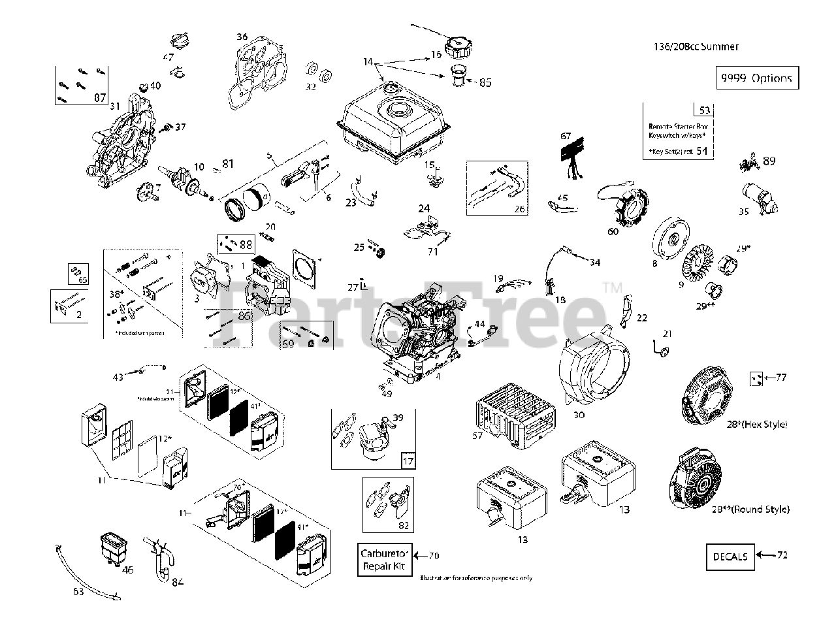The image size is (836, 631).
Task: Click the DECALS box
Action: [730, 557]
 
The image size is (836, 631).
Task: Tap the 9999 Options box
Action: [758, 78]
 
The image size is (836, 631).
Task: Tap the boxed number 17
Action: [408, 461]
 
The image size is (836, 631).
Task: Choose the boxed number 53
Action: [704, 110]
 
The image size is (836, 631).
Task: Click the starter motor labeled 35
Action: [759, 198]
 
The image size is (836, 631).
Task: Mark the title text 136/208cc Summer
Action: [696, 46]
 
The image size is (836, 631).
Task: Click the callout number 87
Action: [100, 98]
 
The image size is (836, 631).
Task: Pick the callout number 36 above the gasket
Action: [242, 37]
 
